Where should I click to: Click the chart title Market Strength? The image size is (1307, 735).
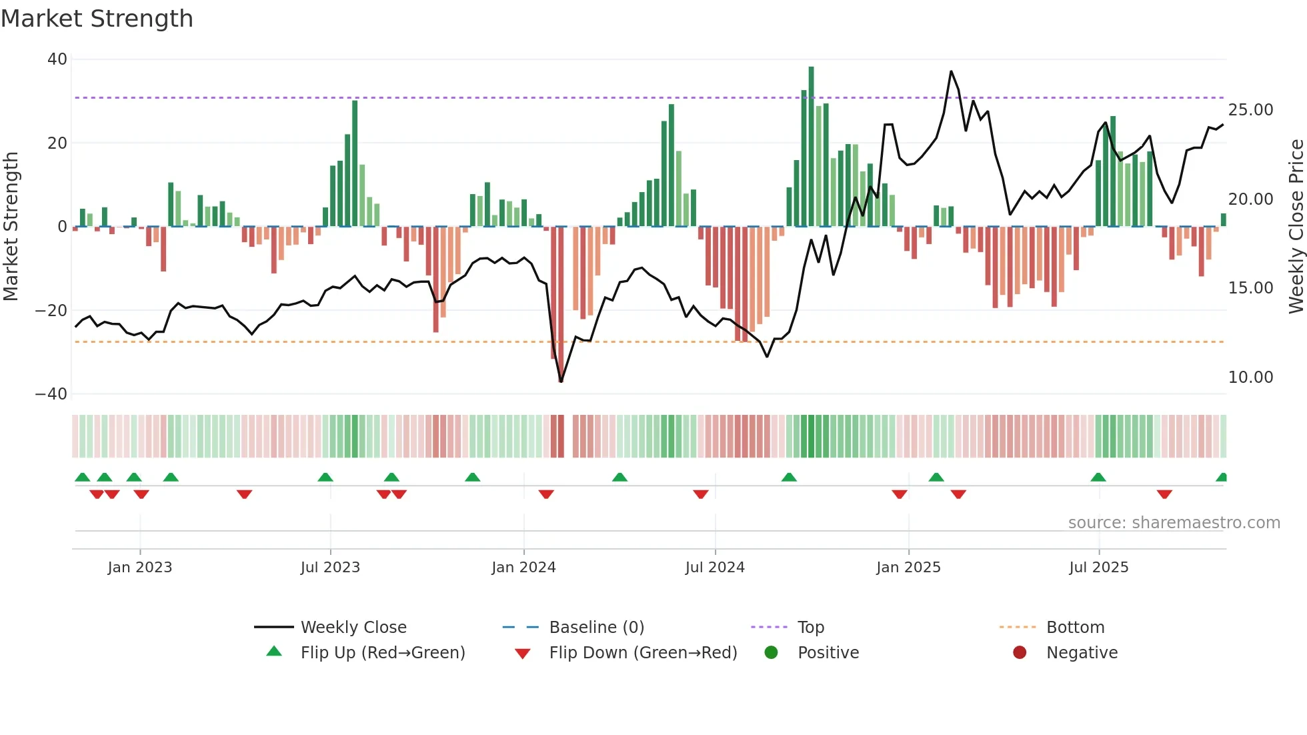tap(97, 19)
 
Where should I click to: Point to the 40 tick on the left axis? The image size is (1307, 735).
tap(57, 59)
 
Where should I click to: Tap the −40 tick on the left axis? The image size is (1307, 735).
tap(51, 394)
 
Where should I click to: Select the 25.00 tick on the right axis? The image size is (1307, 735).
tap(1250, 110)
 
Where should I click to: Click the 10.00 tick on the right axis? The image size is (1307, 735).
tap(1250, 378)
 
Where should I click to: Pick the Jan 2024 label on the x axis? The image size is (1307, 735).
tap(523, 568)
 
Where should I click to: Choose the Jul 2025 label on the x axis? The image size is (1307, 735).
tap(1098, 568)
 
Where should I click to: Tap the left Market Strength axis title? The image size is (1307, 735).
tap(11, 227)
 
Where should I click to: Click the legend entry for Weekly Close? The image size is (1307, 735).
tap(353, 628)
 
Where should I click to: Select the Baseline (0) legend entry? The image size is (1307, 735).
tap(596, 628)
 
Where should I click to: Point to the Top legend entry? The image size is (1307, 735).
tap(810, 628)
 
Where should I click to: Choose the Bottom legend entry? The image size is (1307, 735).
tap(1075, 628)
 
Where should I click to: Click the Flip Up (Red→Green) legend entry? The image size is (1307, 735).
tap(382, 653)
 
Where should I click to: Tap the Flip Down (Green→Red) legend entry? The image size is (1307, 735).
tap(643, 653)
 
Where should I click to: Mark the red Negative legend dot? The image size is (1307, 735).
tap(1020, 653)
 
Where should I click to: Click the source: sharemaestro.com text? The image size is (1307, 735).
tap(1174, 523)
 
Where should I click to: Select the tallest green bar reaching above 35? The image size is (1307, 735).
tap(811, 147)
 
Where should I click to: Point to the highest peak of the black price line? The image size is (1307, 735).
tap(951, 71)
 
